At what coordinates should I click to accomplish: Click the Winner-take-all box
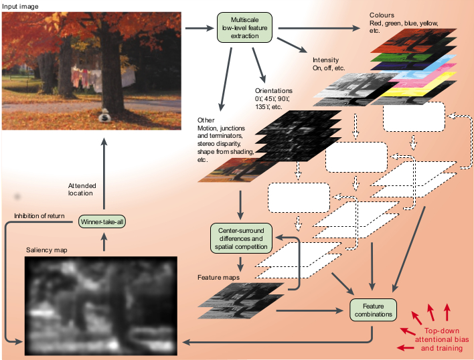pyautogui.click(x=102, y=221)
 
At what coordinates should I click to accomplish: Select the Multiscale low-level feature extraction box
pyautogui.click(x=244, y=27)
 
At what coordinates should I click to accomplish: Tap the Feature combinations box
pyautogui.click(x=373, y=310)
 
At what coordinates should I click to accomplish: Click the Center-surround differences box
pyautogui.click(x=241, y=238)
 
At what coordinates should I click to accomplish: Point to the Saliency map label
pyautogui.click(x=47, y=250)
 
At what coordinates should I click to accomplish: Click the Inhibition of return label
pyautogui.click(x=39, y=215)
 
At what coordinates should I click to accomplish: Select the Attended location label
pyautogui.click(x=82, y=189)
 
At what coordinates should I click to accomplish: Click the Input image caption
pyautogui.click(x=20, y=6)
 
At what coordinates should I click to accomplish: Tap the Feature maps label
pyautogui.click(x=218, y=277)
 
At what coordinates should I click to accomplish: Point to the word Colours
pyautogui.click(x=382, y=15)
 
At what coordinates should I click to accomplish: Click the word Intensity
pyautogui.click(x=325, y=60)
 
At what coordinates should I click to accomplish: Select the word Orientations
pyautogui.click(x=274, y=90)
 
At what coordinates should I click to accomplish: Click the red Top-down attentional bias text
pyautogui.click(x=442, y=339)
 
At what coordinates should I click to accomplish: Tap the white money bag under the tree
pyautogui.click(x=104, y=116)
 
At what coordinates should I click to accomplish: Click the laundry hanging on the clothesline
pyautogui.click(x=103, y=78)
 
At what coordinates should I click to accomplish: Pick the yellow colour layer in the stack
pyautogui.click(x=417, y=88)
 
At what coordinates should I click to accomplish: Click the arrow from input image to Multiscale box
pyautogui.click(x=200, y=28)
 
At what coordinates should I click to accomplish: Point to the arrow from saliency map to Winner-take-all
pyautogui.click(x=104, y=242)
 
